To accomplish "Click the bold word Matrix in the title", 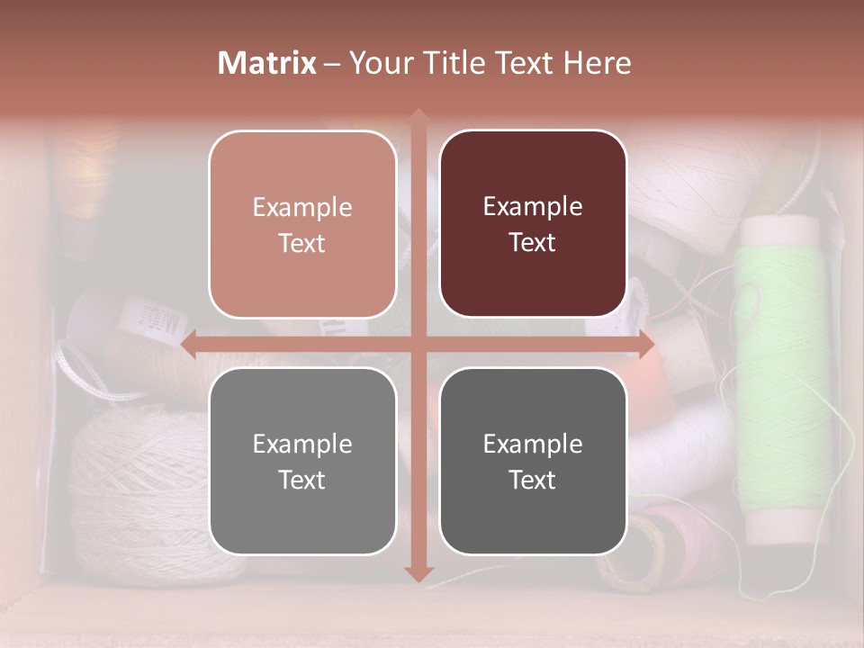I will [267, 62].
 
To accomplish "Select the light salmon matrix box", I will [302, 224].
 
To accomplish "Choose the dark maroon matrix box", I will [533, 224].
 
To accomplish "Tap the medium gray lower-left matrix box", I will [302, 461].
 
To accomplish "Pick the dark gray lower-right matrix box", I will [533, 461].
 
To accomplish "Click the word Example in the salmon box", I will [302, 207].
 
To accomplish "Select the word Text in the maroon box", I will [533, 242].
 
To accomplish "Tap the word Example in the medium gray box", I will [302, 444].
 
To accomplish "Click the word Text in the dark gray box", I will [533, 480].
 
